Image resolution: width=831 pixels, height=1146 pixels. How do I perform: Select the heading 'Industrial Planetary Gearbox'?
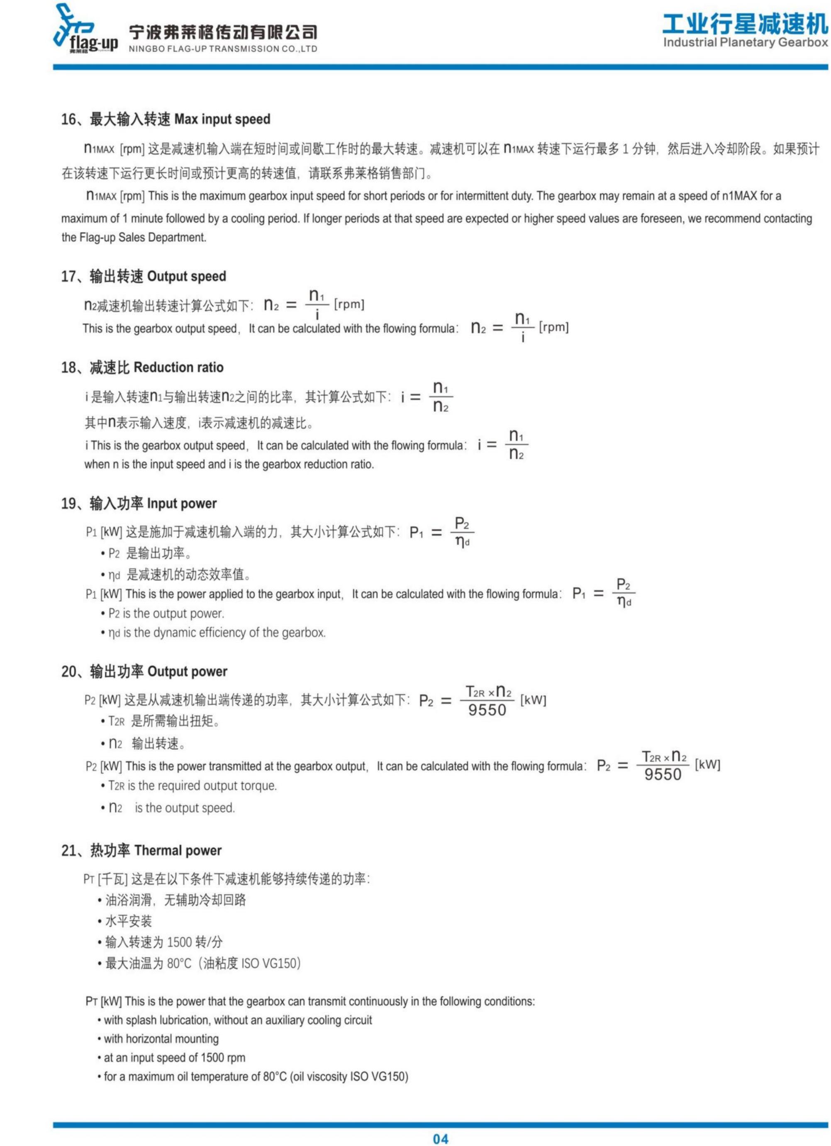click(x=746, y=42)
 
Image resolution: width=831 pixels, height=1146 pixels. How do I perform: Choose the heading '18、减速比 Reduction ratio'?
click(x=142, y=367)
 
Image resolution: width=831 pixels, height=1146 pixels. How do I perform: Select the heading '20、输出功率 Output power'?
click(x=144, y=672)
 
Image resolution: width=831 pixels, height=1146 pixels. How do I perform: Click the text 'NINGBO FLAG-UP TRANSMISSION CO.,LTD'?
click(x=223, y=49)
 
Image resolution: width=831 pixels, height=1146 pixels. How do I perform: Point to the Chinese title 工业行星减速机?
click(x=746, y=23)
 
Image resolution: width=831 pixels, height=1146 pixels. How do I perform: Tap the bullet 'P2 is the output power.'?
click(x=166, y=613)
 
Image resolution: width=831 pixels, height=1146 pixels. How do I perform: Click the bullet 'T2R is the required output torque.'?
click(x=192, y=786)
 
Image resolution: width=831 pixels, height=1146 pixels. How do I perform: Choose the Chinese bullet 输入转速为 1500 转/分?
click(x=163, y=942)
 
